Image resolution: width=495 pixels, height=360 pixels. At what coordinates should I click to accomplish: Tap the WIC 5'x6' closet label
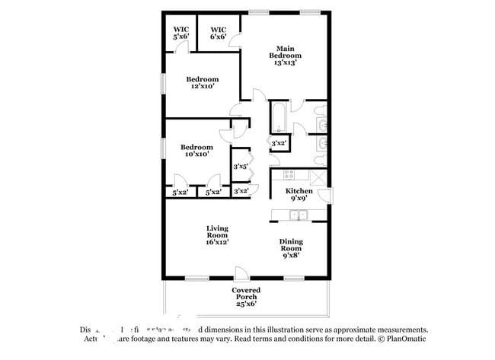click(180, 33)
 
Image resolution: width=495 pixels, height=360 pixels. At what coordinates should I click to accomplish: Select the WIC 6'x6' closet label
click(219, 33)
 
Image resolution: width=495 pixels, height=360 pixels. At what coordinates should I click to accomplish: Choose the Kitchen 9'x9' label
click(299, 195)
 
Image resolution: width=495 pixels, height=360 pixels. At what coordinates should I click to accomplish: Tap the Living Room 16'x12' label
click(217, 235)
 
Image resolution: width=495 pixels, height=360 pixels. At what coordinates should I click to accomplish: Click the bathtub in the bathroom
click(279, 116)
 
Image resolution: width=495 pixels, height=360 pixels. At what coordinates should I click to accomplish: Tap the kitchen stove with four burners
click(280, 173)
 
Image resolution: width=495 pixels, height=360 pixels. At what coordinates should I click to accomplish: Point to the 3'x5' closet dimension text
click(240, 166)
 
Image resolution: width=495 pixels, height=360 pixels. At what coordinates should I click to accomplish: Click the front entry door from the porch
click(241, 274)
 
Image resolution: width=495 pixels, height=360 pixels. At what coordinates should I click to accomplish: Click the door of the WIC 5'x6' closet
click(181, 47)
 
